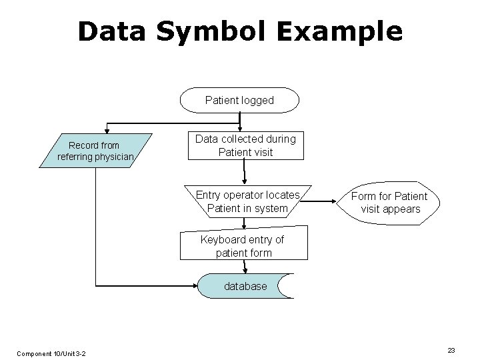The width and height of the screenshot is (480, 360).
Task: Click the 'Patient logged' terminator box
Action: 239,100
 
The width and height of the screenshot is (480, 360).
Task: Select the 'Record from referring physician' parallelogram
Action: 96,151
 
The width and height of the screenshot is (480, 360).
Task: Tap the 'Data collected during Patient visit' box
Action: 245,145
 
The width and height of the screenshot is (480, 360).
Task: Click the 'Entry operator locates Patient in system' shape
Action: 247,201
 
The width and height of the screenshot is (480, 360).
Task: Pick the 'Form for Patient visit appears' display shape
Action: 390,203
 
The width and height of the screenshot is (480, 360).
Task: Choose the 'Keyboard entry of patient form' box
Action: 244,246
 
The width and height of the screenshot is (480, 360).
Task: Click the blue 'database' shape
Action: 245,286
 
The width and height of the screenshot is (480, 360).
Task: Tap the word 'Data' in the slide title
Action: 110,31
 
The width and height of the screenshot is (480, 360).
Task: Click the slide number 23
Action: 451,350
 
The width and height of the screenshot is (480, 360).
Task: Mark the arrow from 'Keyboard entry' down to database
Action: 245,267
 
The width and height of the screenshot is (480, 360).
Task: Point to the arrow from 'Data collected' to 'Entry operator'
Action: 245,172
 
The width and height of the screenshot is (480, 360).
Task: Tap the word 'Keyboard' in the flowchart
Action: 222,240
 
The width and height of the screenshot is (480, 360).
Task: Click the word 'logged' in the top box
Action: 257,100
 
